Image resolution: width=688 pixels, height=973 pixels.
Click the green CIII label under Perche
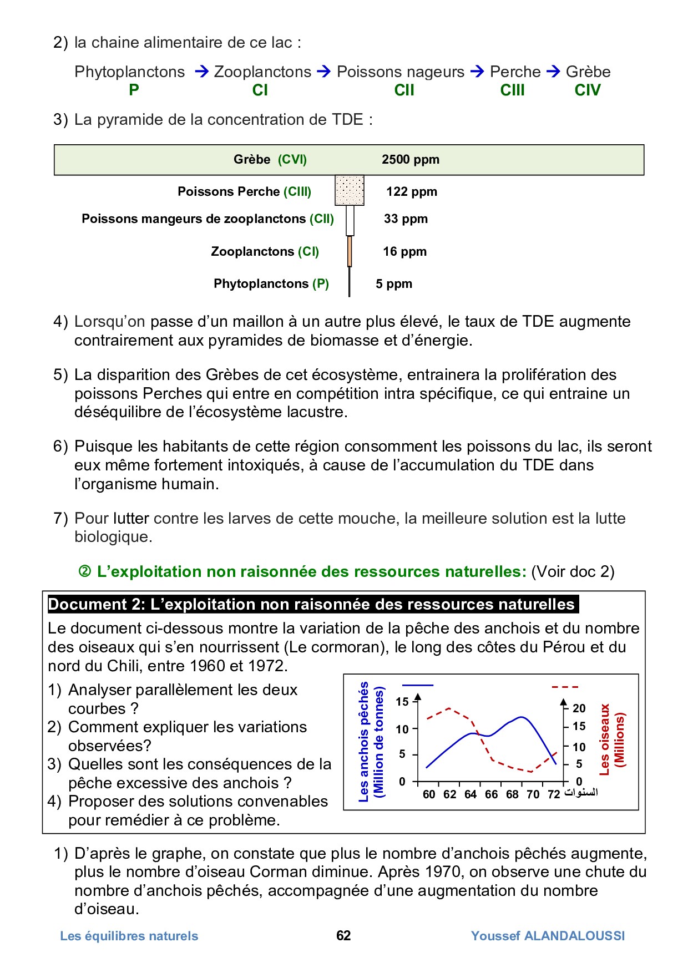[512, 90]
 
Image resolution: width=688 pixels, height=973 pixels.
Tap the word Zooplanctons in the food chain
[262, 72]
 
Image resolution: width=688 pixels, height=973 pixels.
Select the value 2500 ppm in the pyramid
[410, 160]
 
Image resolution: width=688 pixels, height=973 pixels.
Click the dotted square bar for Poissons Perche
[350, 190]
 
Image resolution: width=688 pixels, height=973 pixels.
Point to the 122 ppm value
[411, 192]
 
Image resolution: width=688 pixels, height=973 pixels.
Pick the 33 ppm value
[406, 219]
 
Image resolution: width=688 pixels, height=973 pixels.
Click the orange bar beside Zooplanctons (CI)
[350, 251]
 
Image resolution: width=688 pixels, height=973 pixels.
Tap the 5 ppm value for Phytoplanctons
[393, 284]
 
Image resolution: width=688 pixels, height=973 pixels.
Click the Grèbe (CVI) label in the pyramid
[270, 160]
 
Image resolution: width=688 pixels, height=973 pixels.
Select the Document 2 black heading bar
[312, 604]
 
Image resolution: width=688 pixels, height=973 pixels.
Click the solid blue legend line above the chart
[417, 686]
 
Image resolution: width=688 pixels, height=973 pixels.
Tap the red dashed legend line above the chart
[565, 687]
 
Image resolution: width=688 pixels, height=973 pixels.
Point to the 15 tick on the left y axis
[402, 702]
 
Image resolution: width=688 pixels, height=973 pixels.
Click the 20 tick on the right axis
[579, 708]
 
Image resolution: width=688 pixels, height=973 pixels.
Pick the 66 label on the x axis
[491, 794]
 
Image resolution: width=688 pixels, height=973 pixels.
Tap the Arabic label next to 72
[581, 793]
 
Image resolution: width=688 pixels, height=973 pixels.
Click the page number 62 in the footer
[343, 936]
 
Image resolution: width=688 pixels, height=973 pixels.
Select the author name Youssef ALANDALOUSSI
[548, 936]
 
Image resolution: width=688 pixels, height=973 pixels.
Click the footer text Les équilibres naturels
[129, 936]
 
